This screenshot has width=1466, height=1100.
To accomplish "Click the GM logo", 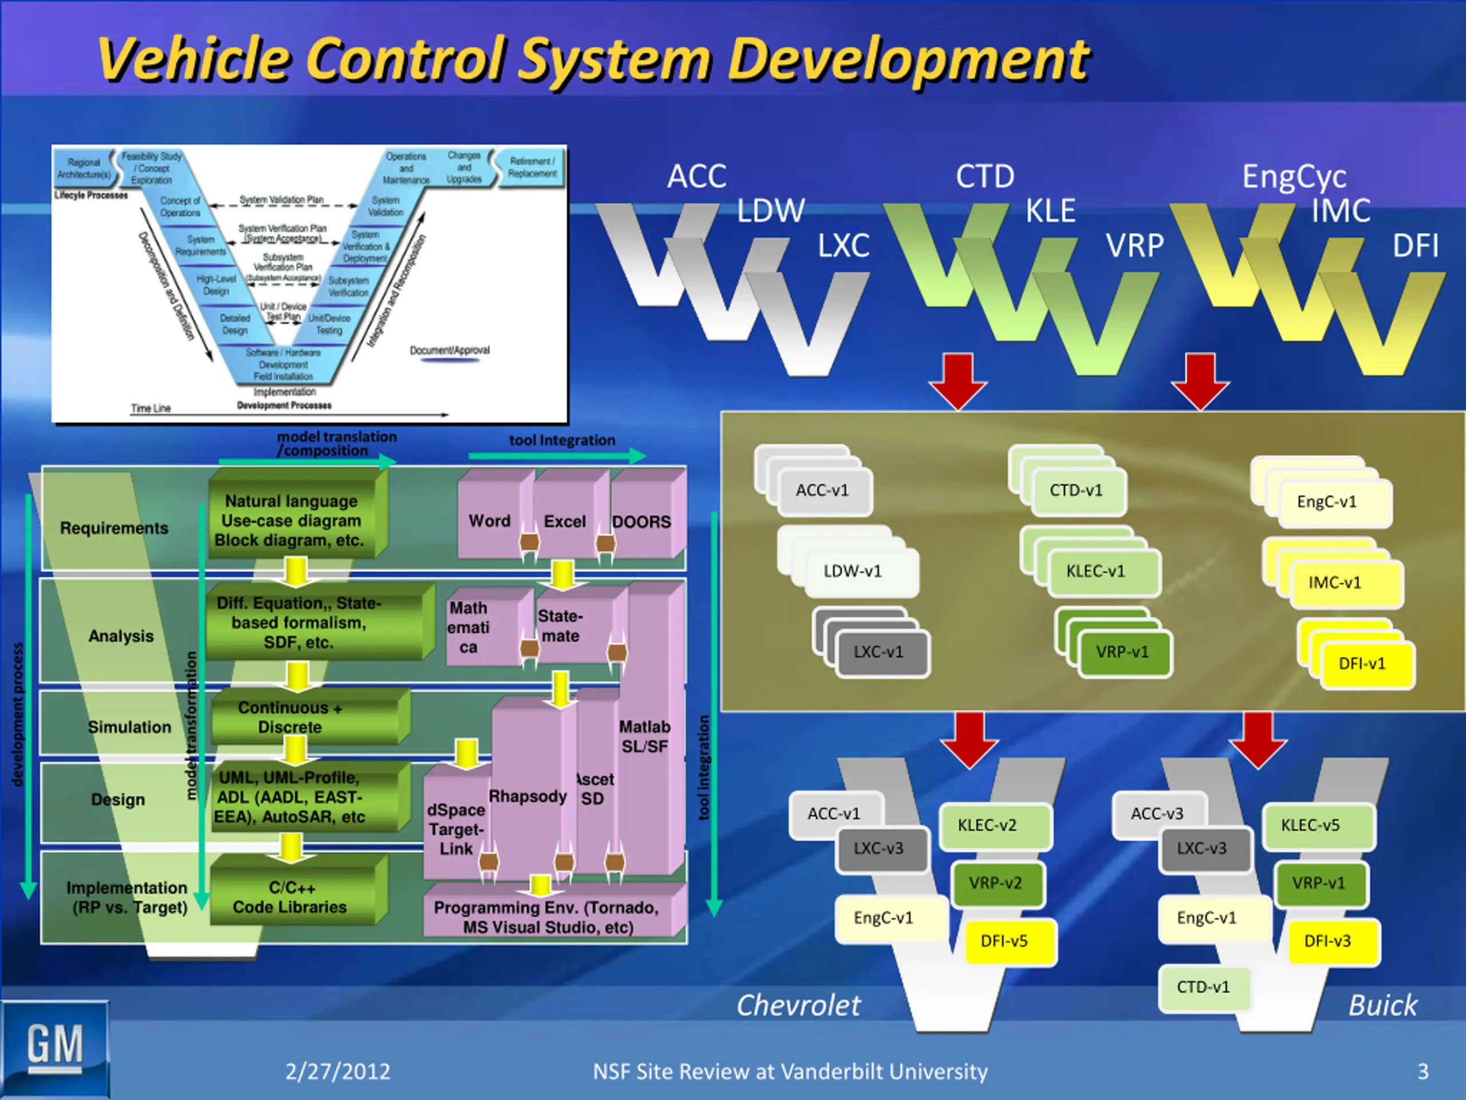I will [56, 1047].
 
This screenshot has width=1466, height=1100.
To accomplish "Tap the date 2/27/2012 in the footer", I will [338, 1071].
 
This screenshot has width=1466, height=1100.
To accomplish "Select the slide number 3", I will [1422, 1071].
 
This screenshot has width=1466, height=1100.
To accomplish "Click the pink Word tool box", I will [490, 521].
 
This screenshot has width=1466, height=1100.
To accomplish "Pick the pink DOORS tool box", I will [641, 522].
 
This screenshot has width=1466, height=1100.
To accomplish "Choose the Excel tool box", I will [565, 522].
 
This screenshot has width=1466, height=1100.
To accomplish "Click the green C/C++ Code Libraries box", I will [290, 897].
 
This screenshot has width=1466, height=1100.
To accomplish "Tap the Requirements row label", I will [114, 528].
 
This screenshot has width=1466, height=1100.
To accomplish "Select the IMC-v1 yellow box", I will [1335, 583].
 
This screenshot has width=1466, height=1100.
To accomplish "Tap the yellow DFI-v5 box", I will [1004, 941].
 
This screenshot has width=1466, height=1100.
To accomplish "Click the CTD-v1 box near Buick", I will [1203, 987].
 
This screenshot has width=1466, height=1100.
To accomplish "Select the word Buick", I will [1383, 1005].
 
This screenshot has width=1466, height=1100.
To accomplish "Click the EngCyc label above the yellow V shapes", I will [1294, 176].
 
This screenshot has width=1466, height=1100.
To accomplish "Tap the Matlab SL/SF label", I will [644, 737].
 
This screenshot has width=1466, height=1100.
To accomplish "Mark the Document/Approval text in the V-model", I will [450, 350].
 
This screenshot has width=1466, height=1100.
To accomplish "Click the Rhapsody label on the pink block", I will [527, 796].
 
